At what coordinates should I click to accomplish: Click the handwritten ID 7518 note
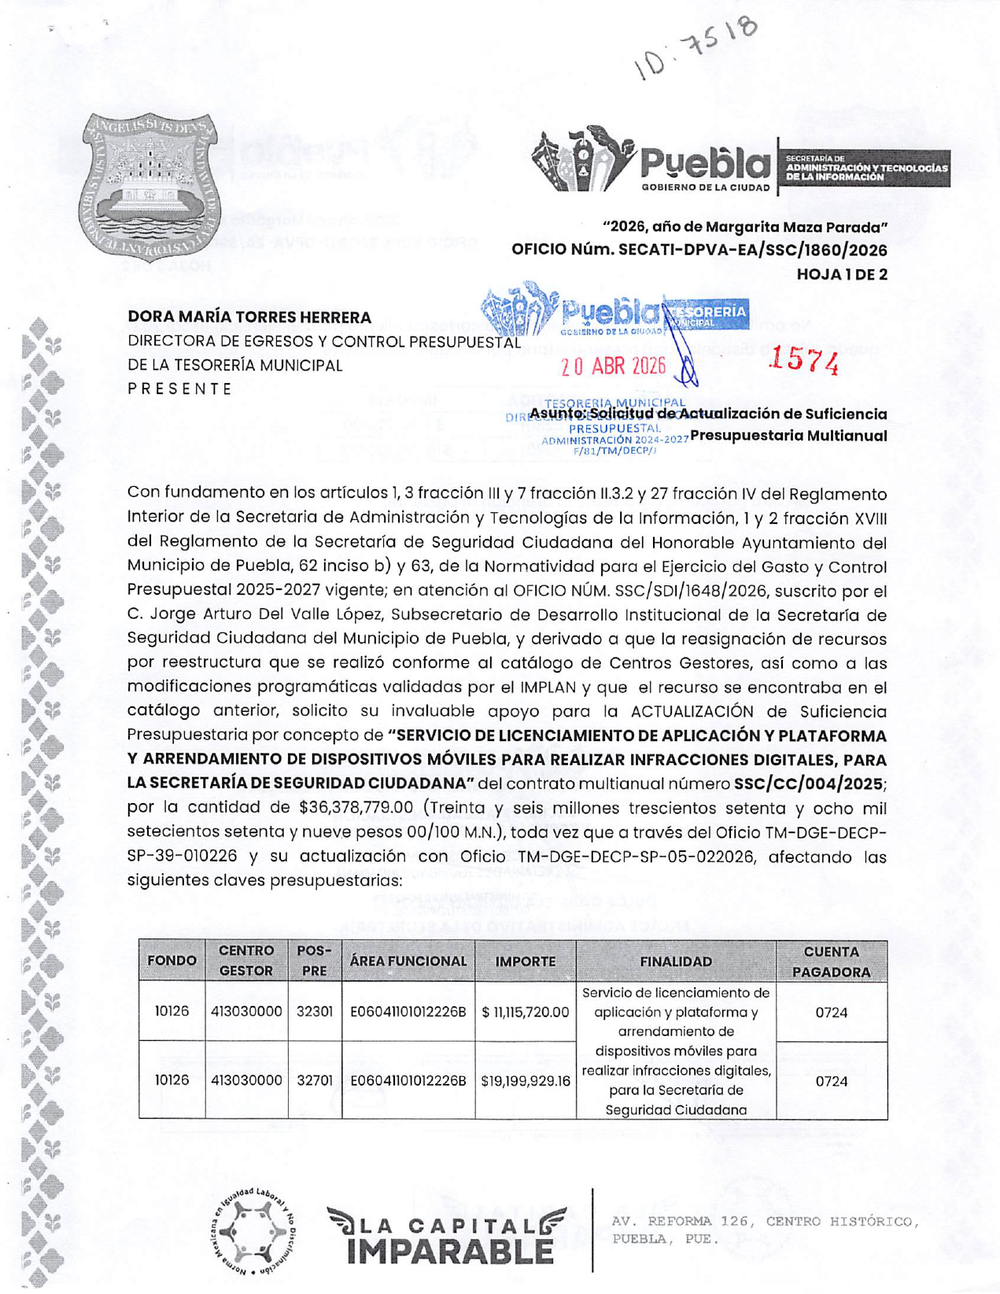click(x=697, y=47)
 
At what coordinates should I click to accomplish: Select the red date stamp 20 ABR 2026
click(x=613, y=366)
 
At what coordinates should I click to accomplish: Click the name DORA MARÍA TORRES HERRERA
click(x=249, y=317)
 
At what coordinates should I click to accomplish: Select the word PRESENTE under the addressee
click(x=180, y=389)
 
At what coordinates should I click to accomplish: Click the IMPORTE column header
click(x=525, y=961)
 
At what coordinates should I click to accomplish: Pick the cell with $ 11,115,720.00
click(x=525, y=1012)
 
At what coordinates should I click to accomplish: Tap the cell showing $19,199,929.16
click(x=525, y=1081)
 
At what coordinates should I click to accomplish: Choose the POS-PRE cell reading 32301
click(x=314, y=1012)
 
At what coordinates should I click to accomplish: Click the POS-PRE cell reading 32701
click(x=314, y=1081)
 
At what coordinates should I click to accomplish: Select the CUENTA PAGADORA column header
click(x=831, y=961)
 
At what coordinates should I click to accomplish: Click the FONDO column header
click(x=172, y=961)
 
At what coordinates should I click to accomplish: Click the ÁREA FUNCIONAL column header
click(x=408, y=961)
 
